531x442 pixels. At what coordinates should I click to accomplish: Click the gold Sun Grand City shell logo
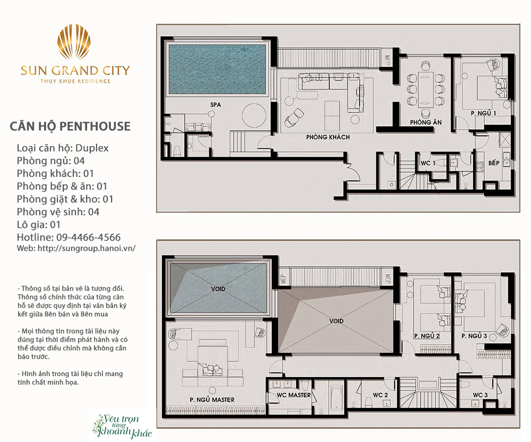point(74,41)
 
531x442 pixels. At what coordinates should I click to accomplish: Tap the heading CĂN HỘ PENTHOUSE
point(70,126)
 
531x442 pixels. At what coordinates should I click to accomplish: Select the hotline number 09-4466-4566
point(88,237)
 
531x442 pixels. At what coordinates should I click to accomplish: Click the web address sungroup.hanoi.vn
point(87,248)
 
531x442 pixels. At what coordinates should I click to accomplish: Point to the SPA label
point(216,105)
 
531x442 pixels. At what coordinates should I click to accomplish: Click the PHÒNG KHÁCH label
point(328,137)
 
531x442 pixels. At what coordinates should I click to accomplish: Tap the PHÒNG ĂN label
point(426,122)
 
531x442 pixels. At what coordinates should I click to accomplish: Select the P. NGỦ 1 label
point(483,113)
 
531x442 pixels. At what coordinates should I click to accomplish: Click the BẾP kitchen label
point(494,163)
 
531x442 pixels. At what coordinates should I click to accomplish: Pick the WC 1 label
point(428,163)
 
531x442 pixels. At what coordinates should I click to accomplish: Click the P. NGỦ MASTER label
point(212,399)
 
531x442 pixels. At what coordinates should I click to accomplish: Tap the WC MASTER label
point(294,395)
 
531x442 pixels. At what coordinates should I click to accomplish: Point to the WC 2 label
point(380,395)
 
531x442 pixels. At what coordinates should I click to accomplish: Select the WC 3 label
point(480,395)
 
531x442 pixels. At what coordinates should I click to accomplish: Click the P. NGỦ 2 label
point(427,336)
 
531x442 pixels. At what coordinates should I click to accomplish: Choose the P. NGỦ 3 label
point(474,336)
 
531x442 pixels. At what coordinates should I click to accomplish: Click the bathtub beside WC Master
point(336,397)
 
